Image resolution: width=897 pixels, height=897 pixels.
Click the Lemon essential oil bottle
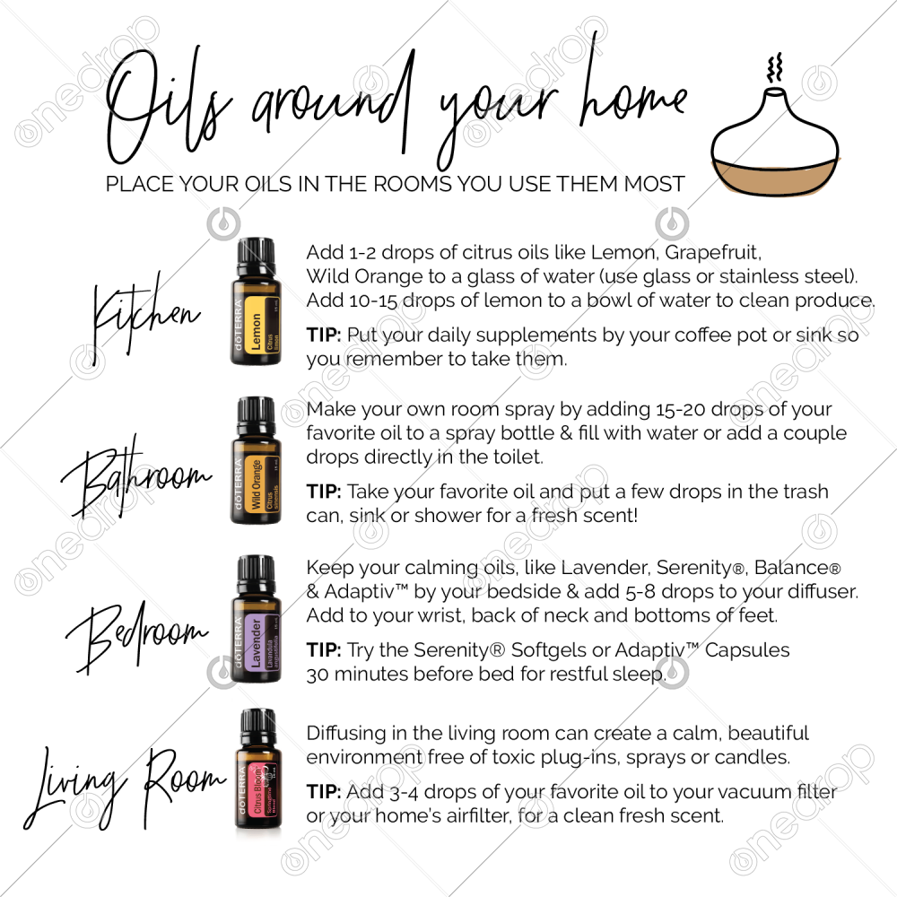pos(256,301)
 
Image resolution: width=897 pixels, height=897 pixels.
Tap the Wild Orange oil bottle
pos(256,460)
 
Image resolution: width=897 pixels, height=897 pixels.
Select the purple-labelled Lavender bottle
pos(256,619)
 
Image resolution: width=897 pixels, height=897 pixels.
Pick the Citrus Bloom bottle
pos(257,769)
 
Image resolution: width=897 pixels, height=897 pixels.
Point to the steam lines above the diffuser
pos(775,67)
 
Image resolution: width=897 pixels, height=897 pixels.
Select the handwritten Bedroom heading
pos(137,634)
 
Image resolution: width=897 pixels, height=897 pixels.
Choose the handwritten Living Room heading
pos(125,788)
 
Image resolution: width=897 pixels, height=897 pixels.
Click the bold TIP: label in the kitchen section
pos(324,335)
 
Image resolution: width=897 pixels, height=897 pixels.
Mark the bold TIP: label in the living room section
pos(324,792)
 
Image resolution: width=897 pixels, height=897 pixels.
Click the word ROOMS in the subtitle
pos(412,184)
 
